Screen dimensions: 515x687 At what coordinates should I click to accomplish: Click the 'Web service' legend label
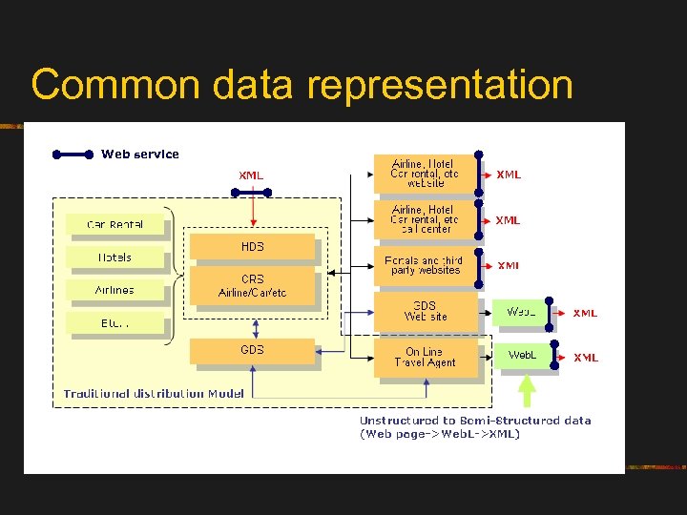pyautogui.click(x=140, y=154)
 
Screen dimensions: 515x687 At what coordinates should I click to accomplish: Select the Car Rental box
pyautogui.click(x=115, y=224)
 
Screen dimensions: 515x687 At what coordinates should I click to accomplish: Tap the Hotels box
pyautogui.click(x=115, y=257)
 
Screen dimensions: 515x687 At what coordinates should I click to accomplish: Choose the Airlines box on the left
pyautogui.click(x=115, y=290)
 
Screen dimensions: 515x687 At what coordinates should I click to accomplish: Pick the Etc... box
pyautogui.click(x=115, y=322)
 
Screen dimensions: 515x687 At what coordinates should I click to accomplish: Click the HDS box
pyautogui.click(x=252, y=247)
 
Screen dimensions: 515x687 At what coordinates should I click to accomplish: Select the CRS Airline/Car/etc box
pyautogui.click(x=252, y=285)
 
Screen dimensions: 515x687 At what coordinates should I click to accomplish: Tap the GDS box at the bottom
pyautogui.click(x=252, y=350)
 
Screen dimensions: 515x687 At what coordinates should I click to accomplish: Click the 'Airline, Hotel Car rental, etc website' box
pyautogui.click(x=425, y=173)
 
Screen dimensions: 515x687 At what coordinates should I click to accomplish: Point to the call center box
pyautogui.click(x=425, y=218)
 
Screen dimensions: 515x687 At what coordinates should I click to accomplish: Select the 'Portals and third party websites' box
pyautogui.click(x=425, y=264)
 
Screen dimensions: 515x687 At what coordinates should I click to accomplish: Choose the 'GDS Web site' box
pyautogui.click(x=425, y=311)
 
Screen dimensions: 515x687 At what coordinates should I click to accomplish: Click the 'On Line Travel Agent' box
pyautogui.click(x=425, y=357)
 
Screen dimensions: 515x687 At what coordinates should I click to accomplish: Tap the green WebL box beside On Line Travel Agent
pyautogui.click(x=522, y=356)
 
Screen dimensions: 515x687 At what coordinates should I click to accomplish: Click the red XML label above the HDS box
pyautogui.click(x=251, y=175)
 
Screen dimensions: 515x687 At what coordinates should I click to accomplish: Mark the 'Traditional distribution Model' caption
pyautogui.click(x=154, y=393)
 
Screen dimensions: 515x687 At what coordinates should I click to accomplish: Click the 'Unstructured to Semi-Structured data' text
pyautogui.click(x=474, y=421)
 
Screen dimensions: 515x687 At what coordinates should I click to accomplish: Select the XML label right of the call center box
pyautogui.click(x=508, y=220)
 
